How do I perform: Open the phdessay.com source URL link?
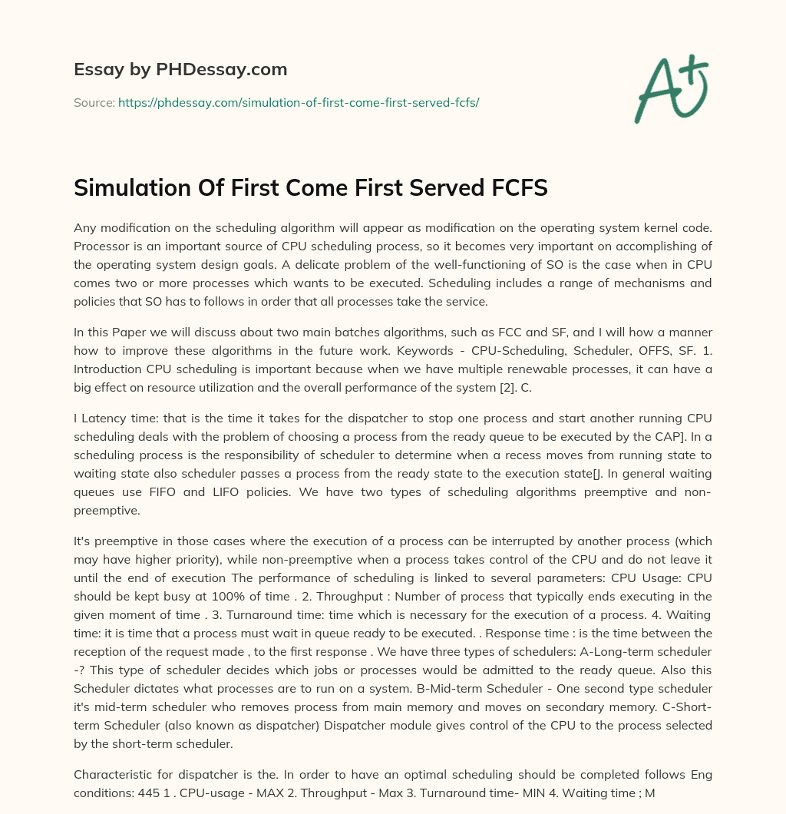click(299, 102)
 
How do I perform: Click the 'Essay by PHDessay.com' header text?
click(180, 69)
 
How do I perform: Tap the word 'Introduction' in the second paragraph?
click(109, 369)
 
